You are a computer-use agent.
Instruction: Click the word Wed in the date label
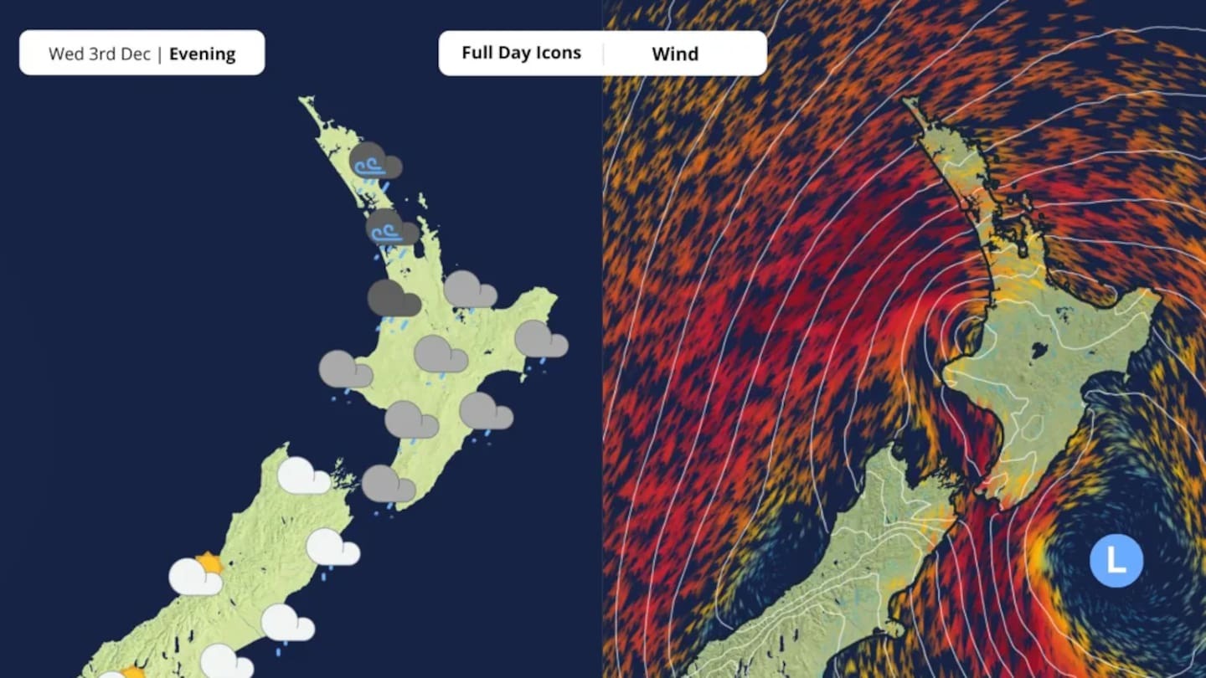click(x=66, y=54)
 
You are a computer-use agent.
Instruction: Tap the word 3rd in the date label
click(x=102, y=54)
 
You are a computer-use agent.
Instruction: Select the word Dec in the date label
click(x=136, y=54)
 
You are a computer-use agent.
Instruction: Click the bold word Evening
click(x=202, y=54)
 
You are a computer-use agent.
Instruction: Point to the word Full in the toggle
click(x=477, y=53)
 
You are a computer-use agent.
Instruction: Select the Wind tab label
click(x=674, y=54)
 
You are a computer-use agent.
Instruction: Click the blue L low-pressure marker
click(x=1116, y=561)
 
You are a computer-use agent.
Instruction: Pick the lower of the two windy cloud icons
click(x=391, y=228)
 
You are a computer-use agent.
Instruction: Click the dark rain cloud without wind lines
click(x=394, y=299)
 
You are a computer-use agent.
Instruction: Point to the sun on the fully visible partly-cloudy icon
click(x=209, y=562)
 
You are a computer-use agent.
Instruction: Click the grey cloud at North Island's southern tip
click(x=388, y=484)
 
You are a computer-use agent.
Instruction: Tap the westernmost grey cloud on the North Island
click(x=345, y=369)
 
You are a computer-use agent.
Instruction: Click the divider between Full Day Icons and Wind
click(x=603, y=54)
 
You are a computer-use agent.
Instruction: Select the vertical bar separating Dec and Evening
click(x=160, y=54)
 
